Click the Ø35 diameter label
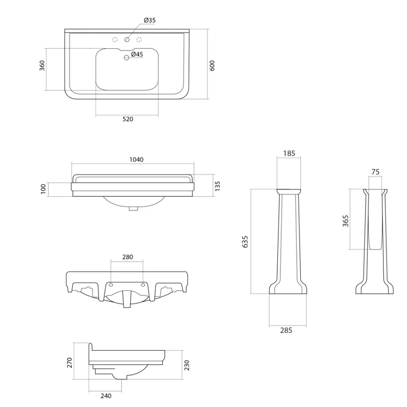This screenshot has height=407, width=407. click(150, 20)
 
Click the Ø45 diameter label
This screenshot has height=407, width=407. click(137, 54)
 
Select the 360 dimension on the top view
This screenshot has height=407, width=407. click(42, 66)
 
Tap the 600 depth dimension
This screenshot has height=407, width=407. click(212, 65)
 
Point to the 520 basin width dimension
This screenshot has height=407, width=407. click(128, 119)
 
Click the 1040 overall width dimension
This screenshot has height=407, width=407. click(136, 159)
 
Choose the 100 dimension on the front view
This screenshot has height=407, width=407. click(43, 189)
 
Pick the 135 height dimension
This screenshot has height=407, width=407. click(217, 186)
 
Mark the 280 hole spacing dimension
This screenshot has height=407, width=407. click(127, 257)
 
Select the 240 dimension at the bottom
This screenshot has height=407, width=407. click(105, 396)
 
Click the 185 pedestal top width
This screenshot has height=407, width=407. click(289, 153)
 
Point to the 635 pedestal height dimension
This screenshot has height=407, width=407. click(245, 241)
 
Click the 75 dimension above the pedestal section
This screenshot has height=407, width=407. click(375, 172)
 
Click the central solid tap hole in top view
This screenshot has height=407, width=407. click(127, 40)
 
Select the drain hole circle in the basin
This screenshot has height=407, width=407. click(126, 58)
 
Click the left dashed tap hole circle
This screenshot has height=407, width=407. click(114, 40)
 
